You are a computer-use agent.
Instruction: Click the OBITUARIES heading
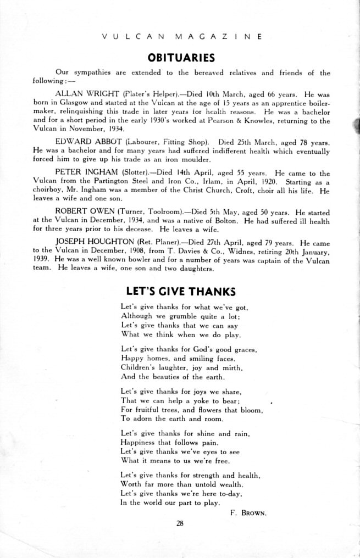[x=181, y=58]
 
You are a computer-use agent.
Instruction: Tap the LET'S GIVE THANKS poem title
[x=181, y=291]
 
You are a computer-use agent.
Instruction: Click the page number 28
[x=180, y=523]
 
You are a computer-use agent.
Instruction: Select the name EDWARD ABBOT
[x=81, y=142]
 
